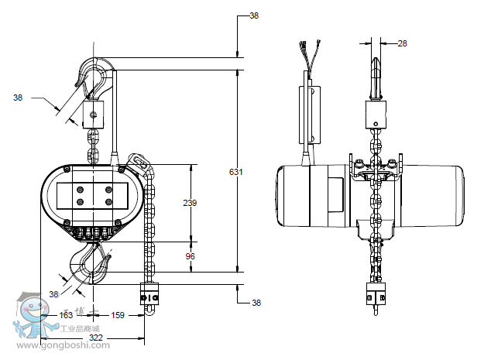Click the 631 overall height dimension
(x=235, y=172)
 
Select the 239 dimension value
(x=189, y=203)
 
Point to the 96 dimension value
(x=189, y=256)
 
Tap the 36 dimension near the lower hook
(x=54, y=294)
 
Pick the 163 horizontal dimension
(x=66, y=316)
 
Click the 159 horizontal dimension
(x=118, y=316)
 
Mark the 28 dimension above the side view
(x=402, y=43)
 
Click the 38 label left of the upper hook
(x=18, y=98)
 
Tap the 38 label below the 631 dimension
(x=256, y=303)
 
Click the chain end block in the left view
(x=149, y=298)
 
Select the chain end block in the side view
(x=376, y=296)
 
